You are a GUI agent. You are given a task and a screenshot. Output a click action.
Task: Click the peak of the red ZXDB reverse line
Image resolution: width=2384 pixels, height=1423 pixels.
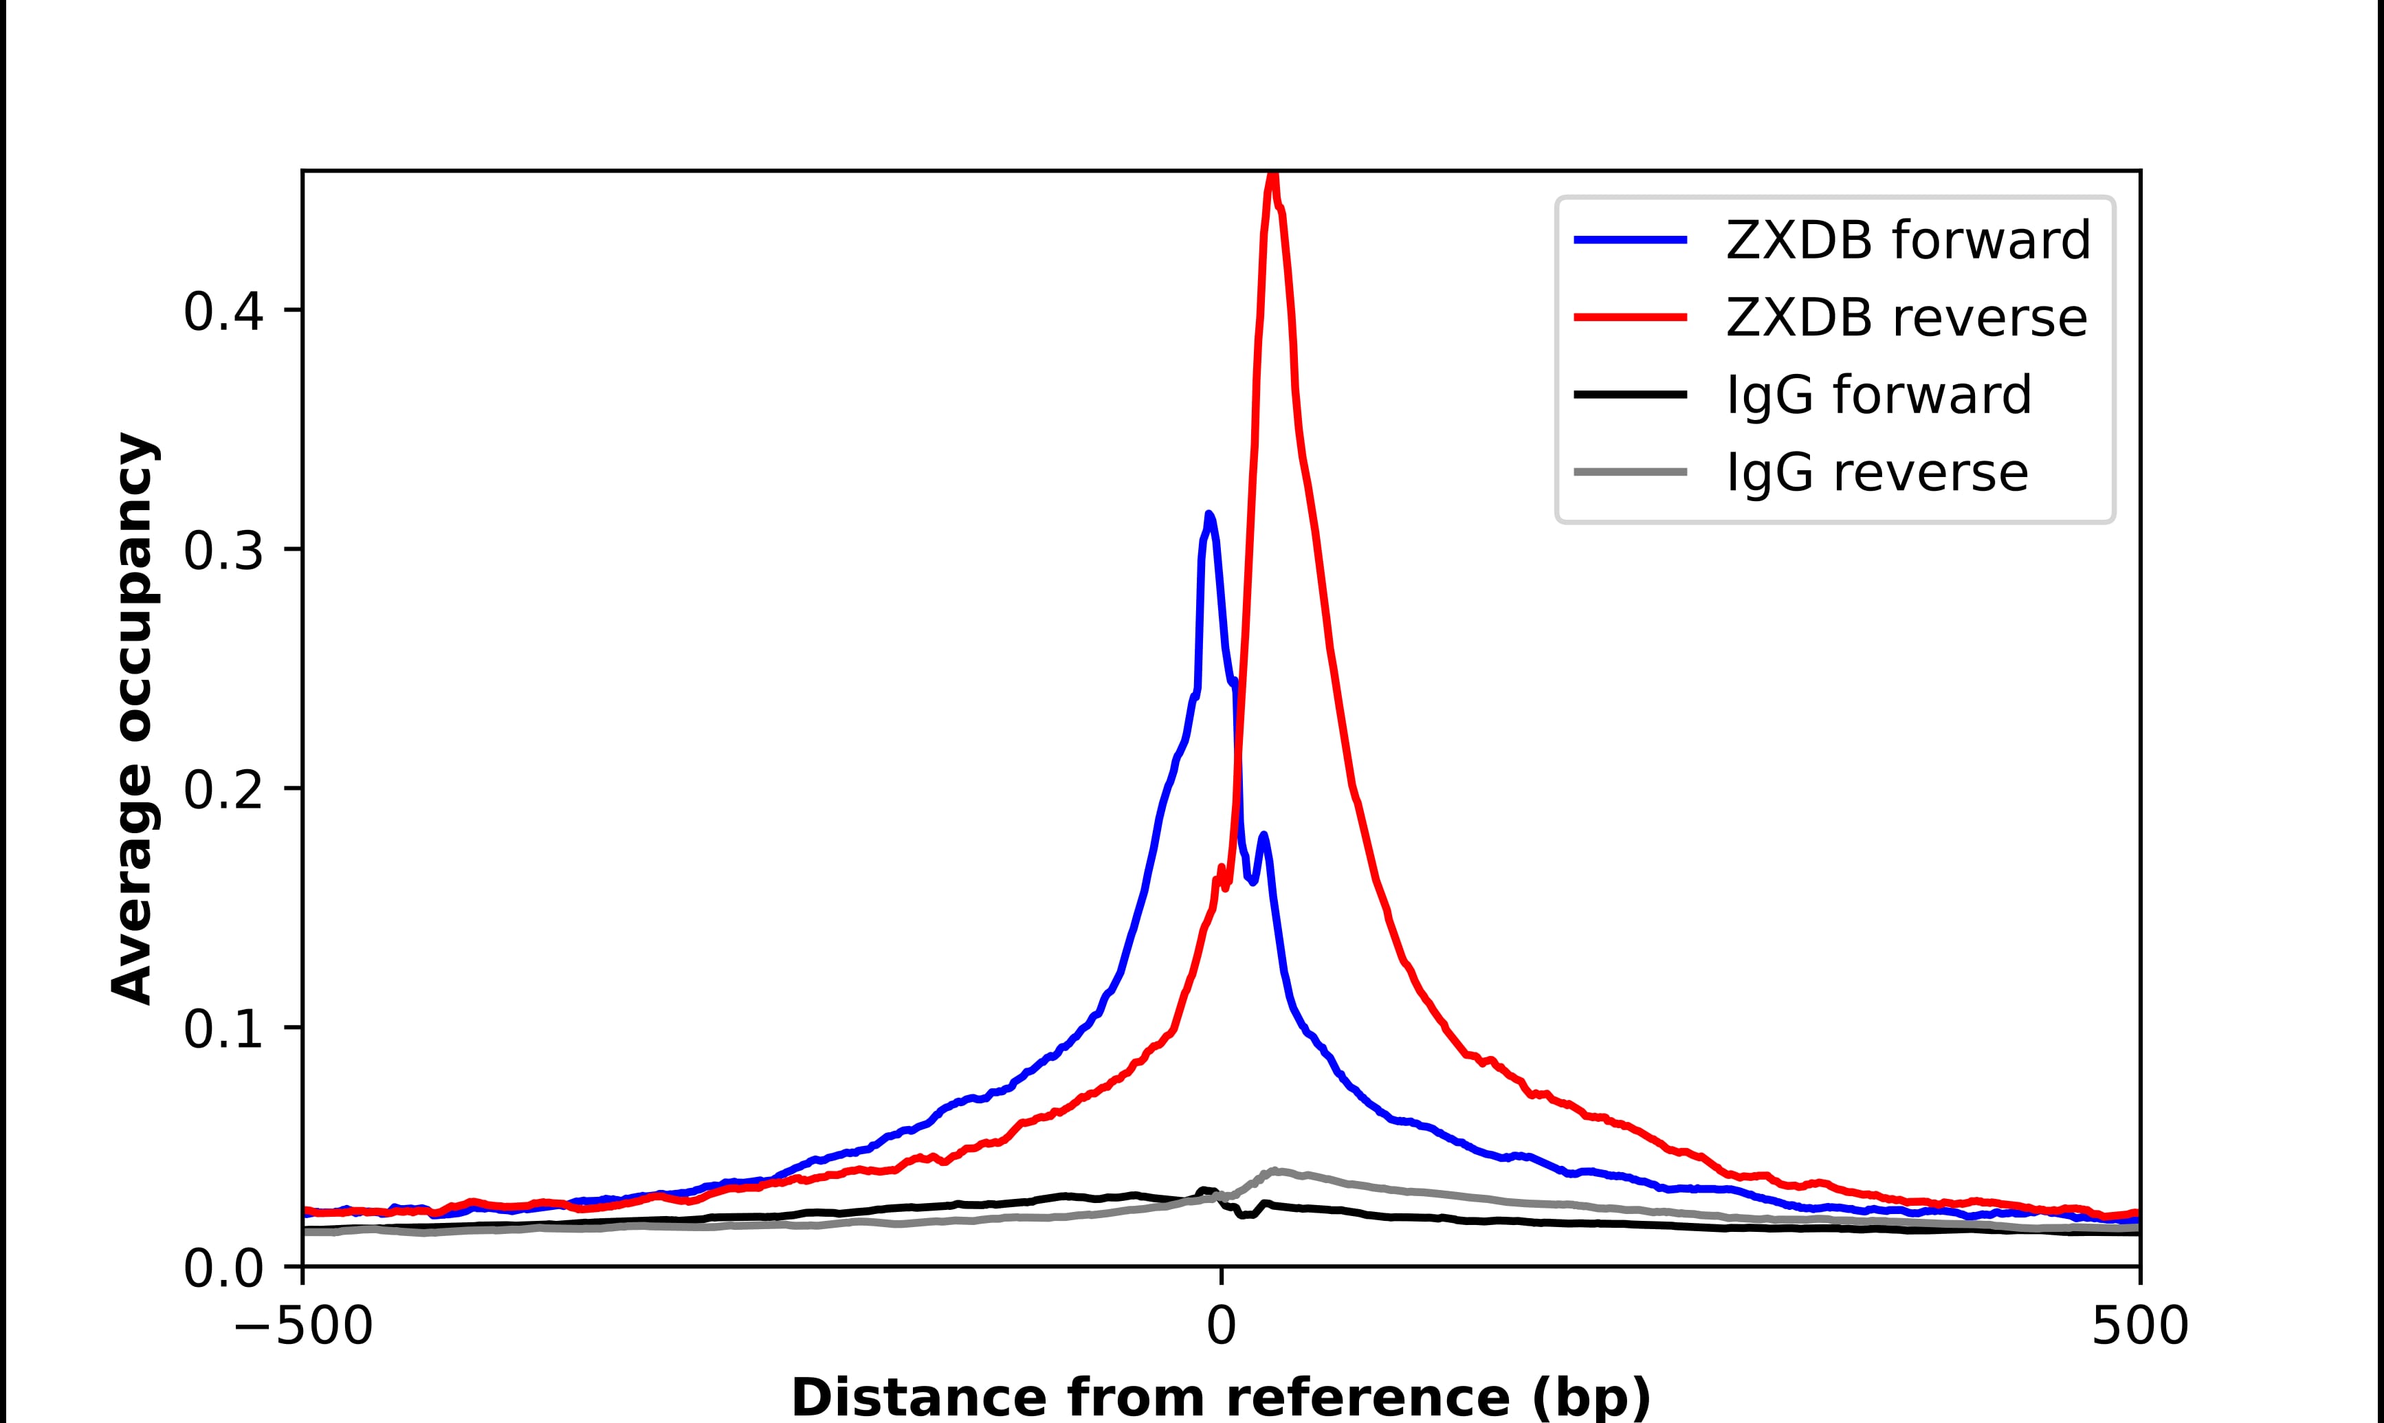coord(1272,178)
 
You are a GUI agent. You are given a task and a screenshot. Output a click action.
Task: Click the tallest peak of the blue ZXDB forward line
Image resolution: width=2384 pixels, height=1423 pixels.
coord(1208,515)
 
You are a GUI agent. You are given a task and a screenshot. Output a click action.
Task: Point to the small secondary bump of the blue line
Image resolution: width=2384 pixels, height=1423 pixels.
coord(1263,836)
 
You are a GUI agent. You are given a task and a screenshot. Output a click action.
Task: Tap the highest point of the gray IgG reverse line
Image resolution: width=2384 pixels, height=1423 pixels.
coord(1275,1170)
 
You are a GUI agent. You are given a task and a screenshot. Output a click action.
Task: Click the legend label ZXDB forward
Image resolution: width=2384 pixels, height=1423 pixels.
coord(1907,240)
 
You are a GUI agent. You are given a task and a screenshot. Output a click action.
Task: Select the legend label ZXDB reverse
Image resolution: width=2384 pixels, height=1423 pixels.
coord(1905,318)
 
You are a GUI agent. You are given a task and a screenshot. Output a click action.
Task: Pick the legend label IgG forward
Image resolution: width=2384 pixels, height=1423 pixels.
coord(1878,395)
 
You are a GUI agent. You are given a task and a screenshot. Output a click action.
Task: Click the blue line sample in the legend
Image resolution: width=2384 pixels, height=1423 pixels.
coord(1631,240)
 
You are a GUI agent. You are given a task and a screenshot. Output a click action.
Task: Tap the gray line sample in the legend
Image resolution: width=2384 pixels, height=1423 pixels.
coord(1631,472)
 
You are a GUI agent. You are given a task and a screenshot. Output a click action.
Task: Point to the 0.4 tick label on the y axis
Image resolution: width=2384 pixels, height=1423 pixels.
coord(223,311)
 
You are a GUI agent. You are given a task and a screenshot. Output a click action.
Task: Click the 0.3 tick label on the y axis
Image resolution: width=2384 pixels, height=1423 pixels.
coord(223,551)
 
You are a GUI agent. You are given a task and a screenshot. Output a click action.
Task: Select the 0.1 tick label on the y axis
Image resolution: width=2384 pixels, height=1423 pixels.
coord(223,1030)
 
